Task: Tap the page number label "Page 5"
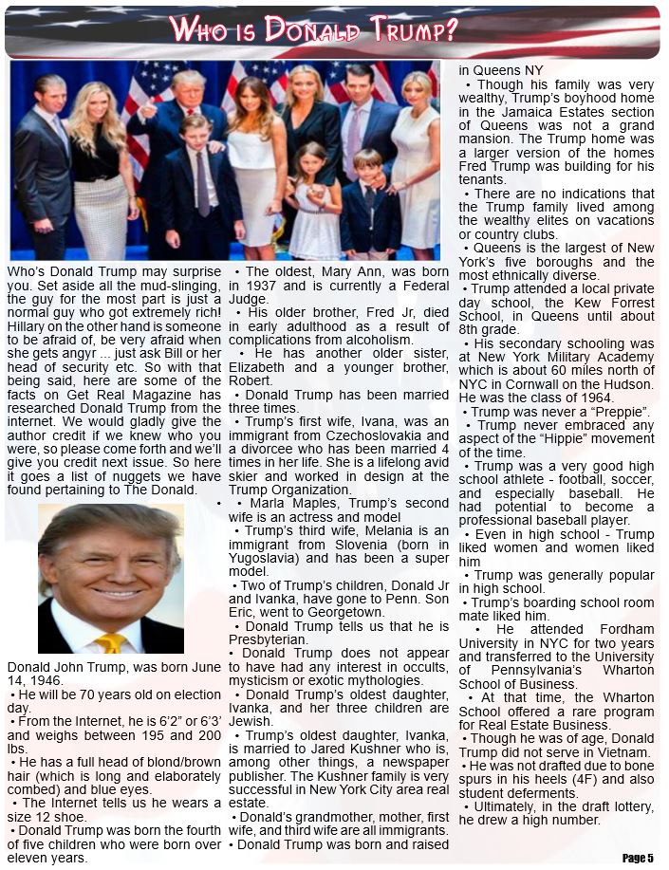tap(638, 858)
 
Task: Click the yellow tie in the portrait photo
tap(110, 642)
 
